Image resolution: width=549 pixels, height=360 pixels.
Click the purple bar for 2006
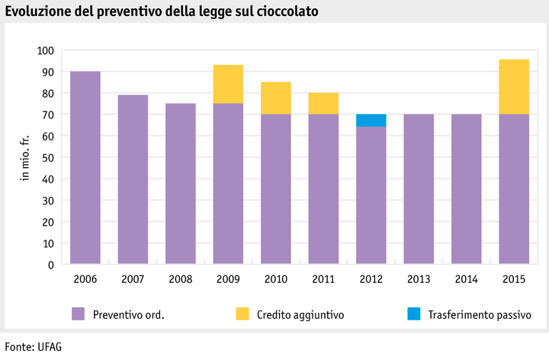click(x=85, y=168)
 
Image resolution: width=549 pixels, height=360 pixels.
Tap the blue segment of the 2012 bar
click(x=371, y=121)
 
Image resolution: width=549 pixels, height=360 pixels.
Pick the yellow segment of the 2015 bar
click(x=514, y=87)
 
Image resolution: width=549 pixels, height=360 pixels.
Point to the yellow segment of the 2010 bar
click(x=275, y=98)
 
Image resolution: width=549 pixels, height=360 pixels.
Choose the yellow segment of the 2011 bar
click(x=323, y=104)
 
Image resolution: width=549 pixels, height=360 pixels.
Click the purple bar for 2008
click(x=180, y=184)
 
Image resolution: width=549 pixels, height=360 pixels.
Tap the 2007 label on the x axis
click(x=133, y=278)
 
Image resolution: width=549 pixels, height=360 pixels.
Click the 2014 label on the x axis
click(x=466, y=278)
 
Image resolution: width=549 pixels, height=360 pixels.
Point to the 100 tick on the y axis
click(x=46, y=50)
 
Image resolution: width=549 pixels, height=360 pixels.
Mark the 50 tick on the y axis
click(x=48, y=158)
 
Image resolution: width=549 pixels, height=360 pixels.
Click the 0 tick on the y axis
click(x=51, y=265)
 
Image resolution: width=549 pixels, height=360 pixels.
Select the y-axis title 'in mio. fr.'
click(x=24, y=158)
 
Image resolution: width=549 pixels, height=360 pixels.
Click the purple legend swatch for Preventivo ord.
click(x=78, y=313)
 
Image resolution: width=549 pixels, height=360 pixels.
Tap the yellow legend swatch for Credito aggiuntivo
click(x=242, y=313)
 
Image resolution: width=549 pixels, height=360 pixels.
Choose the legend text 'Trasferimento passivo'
click(x=480, y=314)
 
